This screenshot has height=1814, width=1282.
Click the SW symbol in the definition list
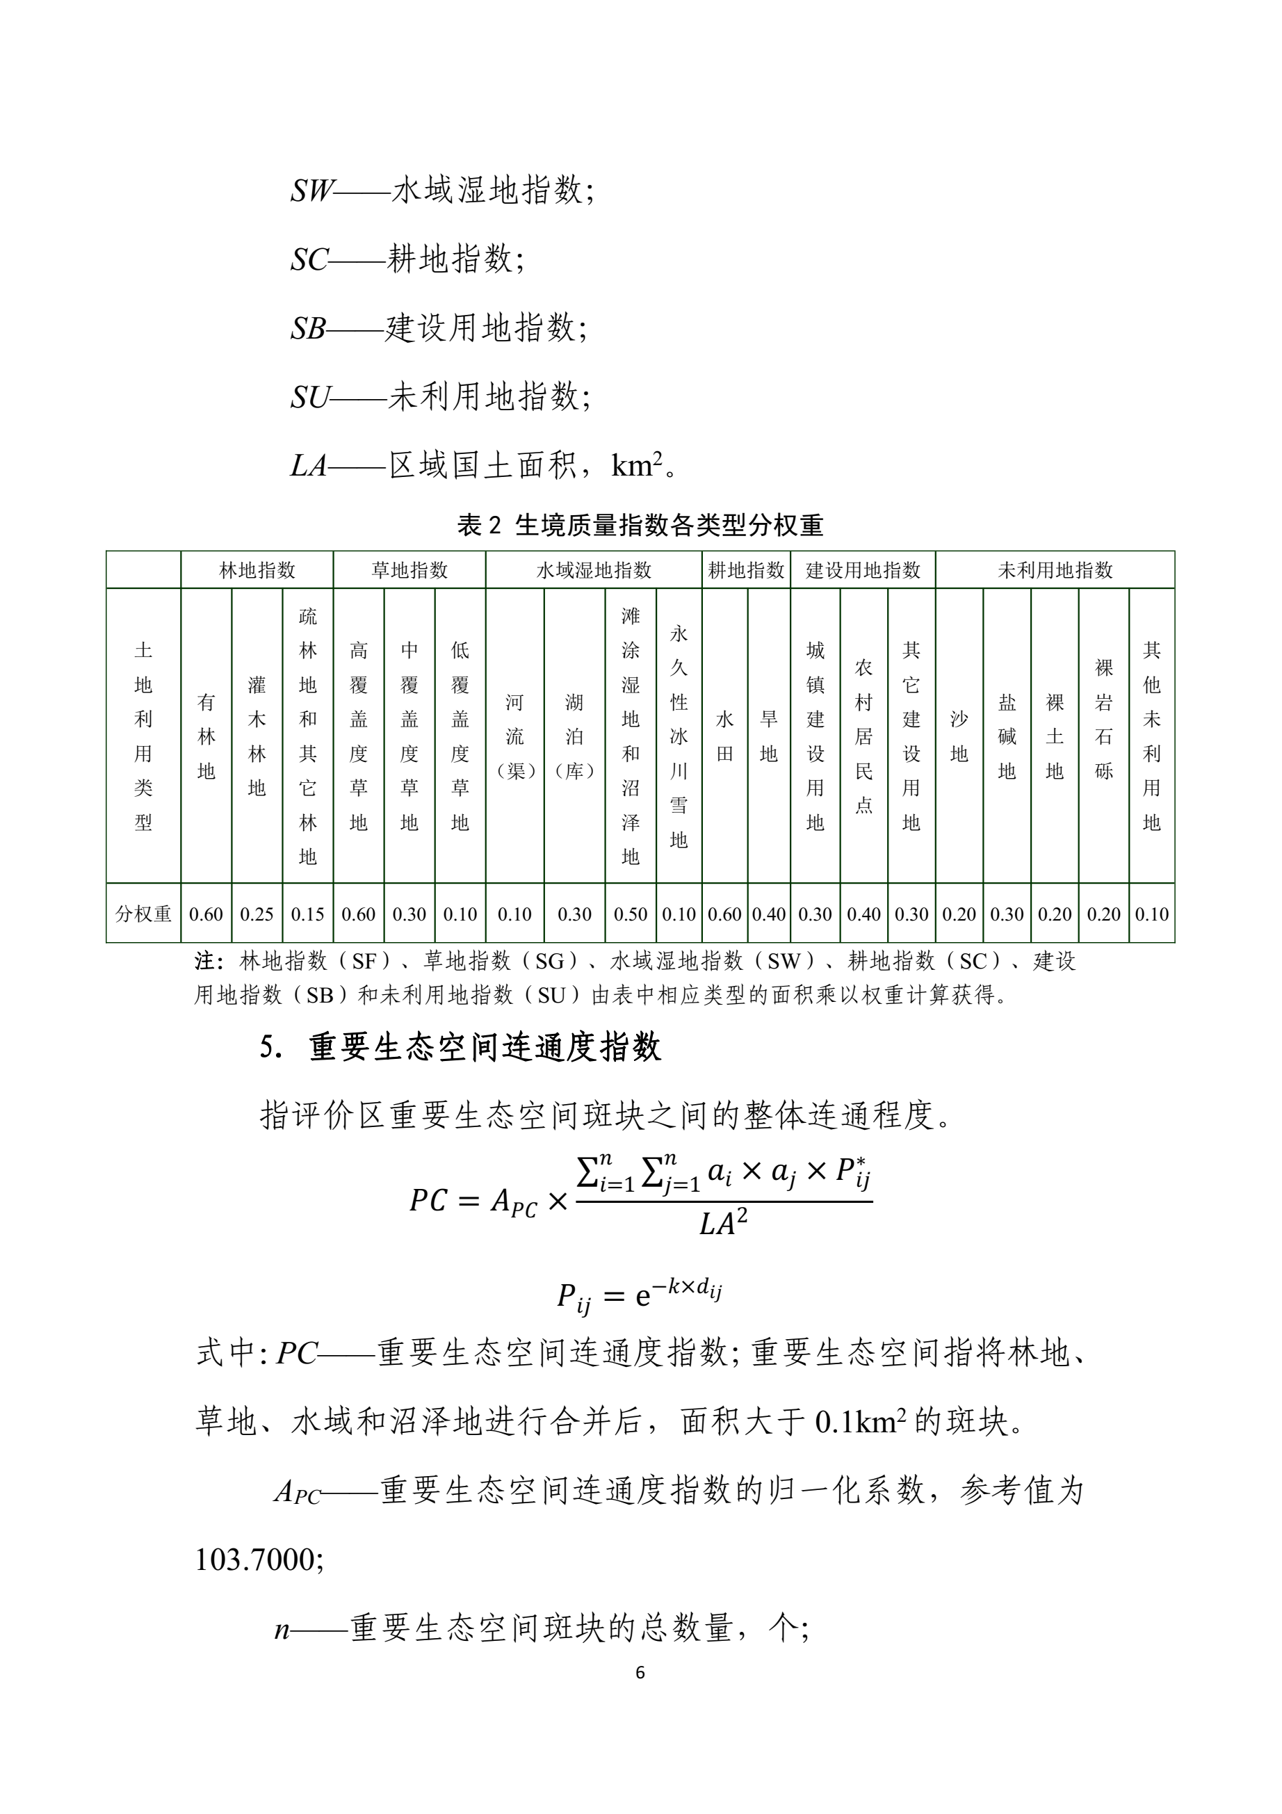(312, 191)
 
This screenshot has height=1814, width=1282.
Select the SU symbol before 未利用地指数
(309, 396)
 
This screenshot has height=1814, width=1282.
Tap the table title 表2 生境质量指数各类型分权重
(640, 525)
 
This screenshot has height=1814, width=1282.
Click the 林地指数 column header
(257, 569)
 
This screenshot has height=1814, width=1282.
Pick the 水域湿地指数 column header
(593, 569)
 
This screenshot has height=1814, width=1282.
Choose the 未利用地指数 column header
(1055, 569)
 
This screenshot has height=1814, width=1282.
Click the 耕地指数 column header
(746, 569)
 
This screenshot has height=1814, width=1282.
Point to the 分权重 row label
(143, 914)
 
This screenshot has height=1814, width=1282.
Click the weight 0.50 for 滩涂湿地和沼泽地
(631, 914)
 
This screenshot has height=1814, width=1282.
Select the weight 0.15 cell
(307, 914)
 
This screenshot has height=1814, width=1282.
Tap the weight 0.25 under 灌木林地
(257, 914)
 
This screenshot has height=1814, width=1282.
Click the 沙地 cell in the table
(959, 736)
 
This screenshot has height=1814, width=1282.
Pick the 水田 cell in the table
(724, 736)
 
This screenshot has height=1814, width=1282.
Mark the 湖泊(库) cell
(574, 736)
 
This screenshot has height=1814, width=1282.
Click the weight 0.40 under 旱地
(768, 914)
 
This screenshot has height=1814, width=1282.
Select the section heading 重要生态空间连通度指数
(484, 1048)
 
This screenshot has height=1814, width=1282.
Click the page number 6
(640, 1673)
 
